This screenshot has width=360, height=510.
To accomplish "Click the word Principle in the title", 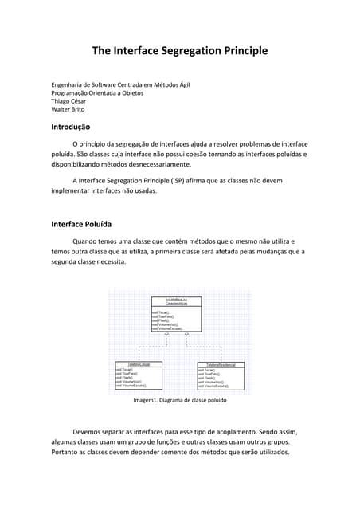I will pyautogui.click(x=241, y=51).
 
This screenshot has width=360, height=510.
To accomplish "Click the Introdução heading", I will pyautogui.click(x=70, y=127).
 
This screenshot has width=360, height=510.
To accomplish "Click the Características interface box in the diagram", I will pyautogui.click(x=177, y=314).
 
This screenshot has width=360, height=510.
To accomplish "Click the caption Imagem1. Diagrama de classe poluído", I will pyautogui.click(x=180, y=401).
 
